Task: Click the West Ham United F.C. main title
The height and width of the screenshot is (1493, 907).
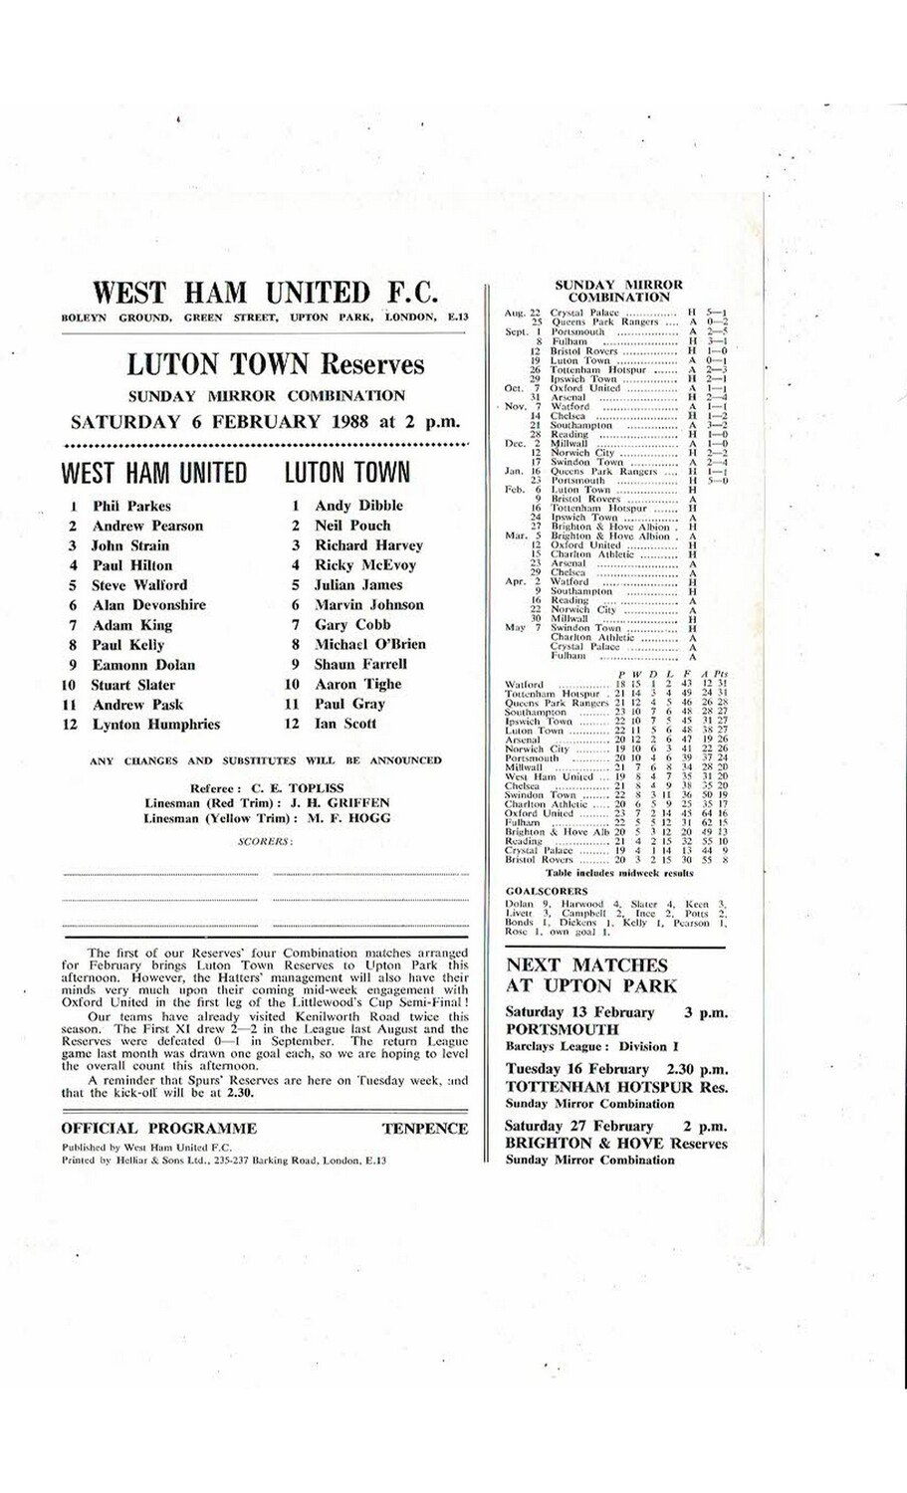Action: [x=265, y=293]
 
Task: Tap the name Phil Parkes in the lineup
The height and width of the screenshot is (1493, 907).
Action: [x=131, y=507]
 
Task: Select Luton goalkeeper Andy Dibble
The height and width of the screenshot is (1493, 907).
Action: [x=358, y=506]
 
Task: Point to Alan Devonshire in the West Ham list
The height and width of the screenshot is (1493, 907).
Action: [x=148, y=605]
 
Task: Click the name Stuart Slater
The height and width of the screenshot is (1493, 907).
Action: [x=133, y=685]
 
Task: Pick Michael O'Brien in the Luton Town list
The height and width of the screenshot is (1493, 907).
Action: [x=369, y=644]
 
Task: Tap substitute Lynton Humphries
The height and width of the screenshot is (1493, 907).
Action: [x=155, y=725]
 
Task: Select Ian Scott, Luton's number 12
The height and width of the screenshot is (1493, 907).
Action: [x=345, y=724]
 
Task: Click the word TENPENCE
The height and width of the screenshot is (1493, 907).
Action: [x=424, y=1129]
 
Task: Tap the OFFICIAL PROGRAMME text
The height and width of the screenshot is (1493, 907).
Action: [x=159, y=1129]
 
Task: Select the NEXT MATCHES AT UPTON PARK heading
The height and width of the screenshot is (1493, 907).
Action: [x=590, y=975]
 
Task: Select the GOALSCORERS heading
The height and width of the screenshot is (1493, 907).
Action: [x=546, y=892]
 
